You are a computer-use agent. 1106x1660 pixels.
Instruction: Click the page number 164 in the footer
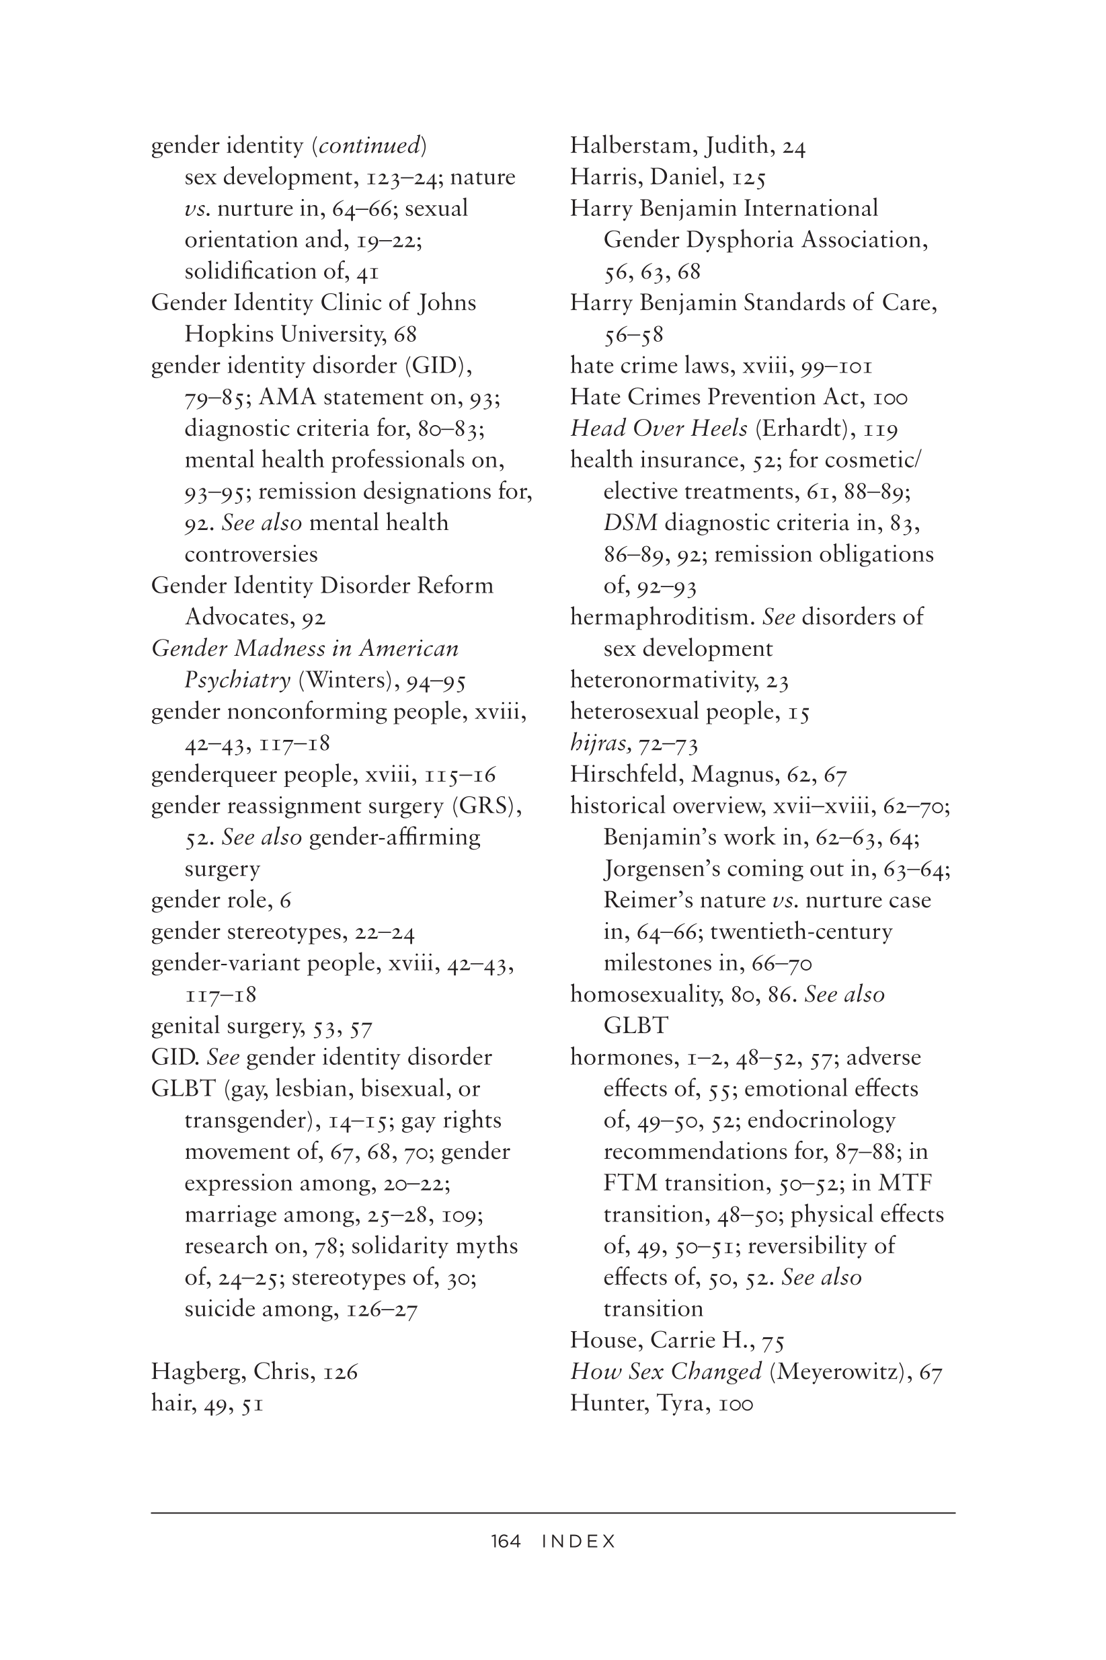click(506, 1542)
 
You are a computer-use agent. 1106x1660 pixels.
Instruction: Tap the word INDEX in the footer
click(578, 1542)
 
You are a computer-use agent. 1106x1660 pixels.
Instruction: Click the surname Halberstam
click(634, 145)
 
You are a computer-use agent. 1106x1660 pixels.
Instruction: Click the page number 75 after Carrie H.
click(773, 1340)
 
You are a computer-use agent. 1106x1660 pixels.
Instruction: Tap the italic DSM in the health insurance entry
click(630, 523)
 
